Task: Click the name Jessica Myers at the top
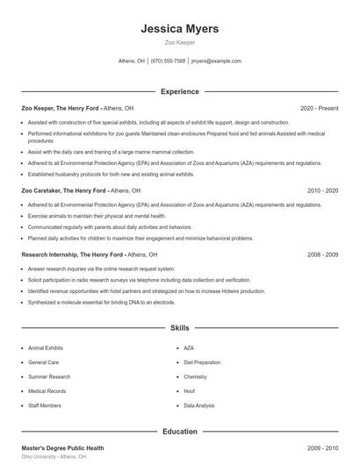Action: [x=179, y=29]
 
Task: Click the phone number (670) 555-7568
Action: [x=168, y=61]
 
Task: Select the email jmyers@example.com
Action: [x=216, y=61]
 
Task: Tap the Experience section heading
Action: [x=179, y=91]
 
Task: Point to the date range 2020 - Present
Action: [x=319, y=108]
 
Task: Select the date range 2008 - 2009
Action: [x=322, y=254]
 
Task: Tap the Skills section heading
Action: [x=179, y=328]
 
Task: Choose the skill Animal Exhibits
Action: [x=46, y=347]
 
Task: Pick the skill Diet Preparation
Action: [x=202, y=362]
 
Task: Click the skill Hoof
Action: [x=189, y=391]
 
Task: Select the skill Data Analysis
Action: [x=198, y=406]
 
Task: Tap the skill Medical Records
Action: [x=47, y=391]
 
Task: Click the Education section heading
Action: [x=179, y=432]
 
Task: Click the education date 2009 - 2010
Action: [x=322, y=448]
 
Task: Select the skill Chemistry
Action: [x=195, y=377]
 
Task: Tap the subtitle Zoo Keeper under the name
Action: [x=179, y=42]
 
